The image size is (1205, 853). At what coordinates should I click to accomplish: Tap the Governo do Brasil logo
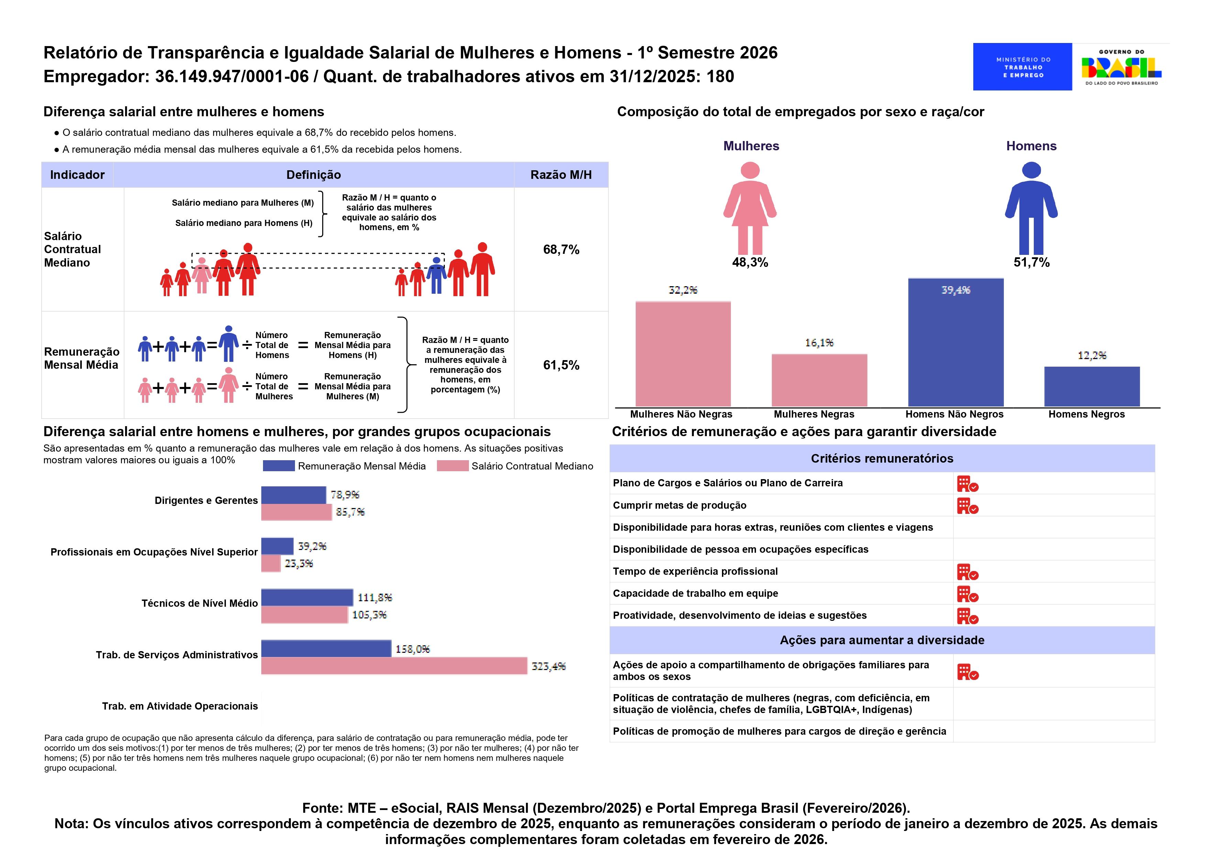pos(1121,67)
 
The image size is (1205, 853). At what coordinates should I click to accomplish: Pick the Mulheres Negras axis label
pos(814,414)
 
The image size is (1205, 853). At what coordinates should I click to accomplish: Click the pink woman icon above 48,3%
pos(750,208)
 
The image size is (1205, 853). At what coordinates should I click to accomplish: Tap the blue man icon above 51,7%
pos(1031,208)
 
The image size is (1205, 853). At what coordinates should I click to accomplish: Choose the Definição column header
pos(314,175)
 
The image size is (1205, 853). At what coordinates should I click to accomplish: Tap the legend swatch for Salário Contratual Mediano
pos(452,466)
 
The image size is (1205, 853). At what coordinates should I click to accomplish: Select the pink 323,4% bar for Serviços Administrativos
pos(394,666)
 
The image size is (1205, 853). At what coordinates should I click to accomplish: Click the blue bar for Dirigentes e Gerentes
pos(294,495)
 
